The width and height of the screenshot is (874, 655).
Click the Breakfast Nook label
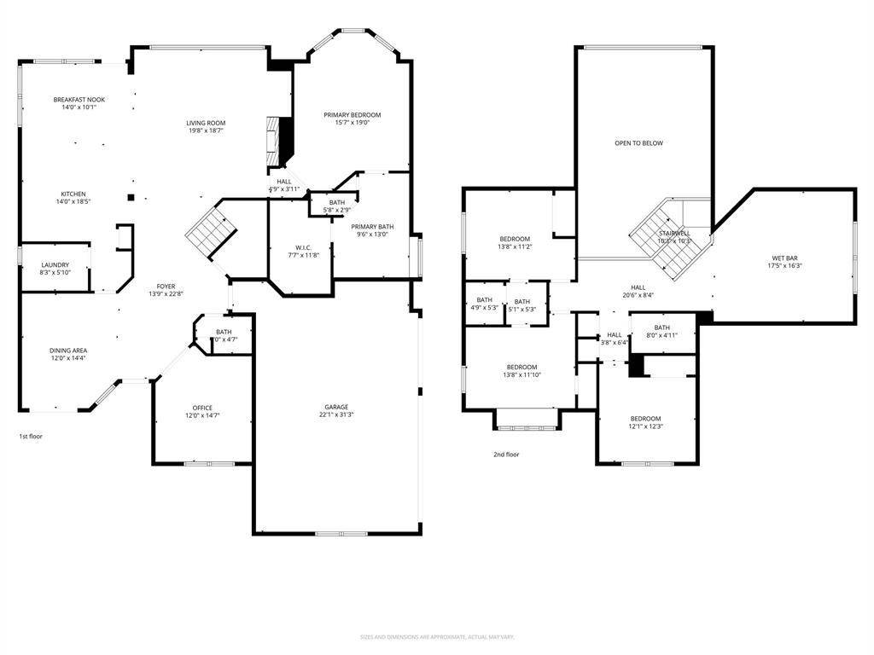pyautogui.click(x=79, y=99)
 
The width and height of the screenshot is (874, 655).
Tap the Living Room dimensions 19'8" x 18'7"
pyautogui.click(x=206, y=130)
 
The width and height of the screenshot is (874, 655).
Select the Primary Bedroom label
pyautogui.click(x=352, y=114)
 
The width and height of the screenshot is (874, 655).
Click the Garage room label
pyautogui.click(x=335, y=407)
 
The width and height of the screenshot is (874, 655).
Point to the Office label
pyautogui.click(x=202, y=408)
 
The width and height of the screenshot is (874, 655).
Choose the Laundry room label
pyautogui.click(x=55, y=264)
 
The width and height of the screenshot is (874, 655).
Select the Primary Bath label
pyautogui.click(x=372, y=226)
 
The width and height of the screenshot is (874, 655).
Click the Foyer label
pyautogui.click(x=165, y=287)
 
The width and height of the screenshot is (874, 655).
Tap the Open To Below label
pyautogui.click(x=638, y=143)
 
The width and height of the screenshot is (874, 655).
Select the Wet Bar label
pyautogui.click(x=784, y=258)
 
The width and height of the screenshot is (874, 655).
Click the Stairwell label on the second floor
pyautogui.click(x=673, y=233)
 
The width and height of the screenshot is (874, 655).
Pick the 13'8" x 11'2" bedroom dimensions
pyautogui.click(x=515, y=246)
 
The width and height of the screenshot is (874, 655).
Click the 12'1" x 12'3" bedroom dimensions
pyautogui.click(x=645, y=426)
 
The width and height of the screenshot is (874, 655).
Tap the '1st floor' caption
pyautogui.click(x=31, y=436)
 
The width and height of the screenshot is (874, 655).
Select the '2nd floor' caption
pyautogui.click(x=506, y=455)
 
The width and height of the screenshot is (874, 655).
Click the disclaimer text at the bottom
pyautogui.click(x=437, y=637)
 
